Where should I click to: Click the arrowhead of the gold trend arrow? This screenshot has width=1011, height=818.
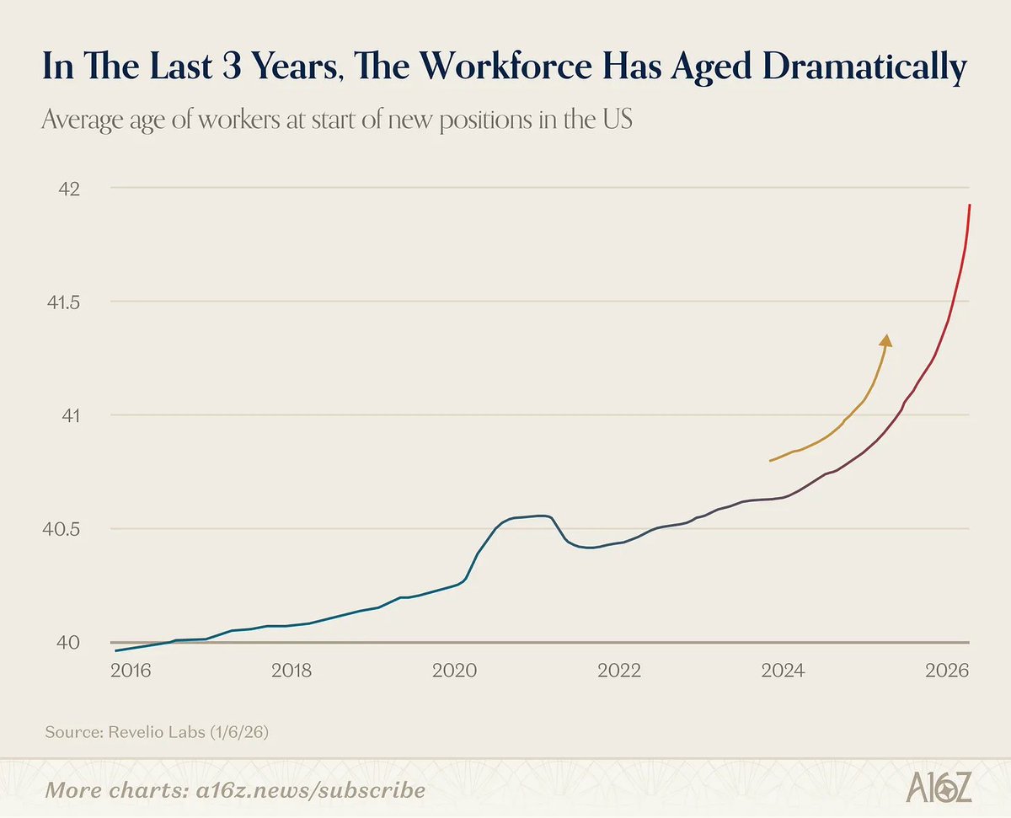pyautogui.click(x=885, y=339)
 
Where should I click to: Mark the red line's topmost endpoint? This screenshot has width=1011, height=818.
pyautogui.click(x=970, y=205)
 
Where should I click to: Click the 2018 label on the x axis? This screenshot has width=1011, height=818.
pyautogui.click(x=292, y=671)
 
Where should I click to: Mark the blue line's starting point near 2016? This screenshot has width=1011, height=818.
pyautogui.click(x=116, y=650)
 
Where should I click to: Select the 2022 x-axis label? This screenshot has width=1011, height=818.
pyautogui.click(x=622, y=671)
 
